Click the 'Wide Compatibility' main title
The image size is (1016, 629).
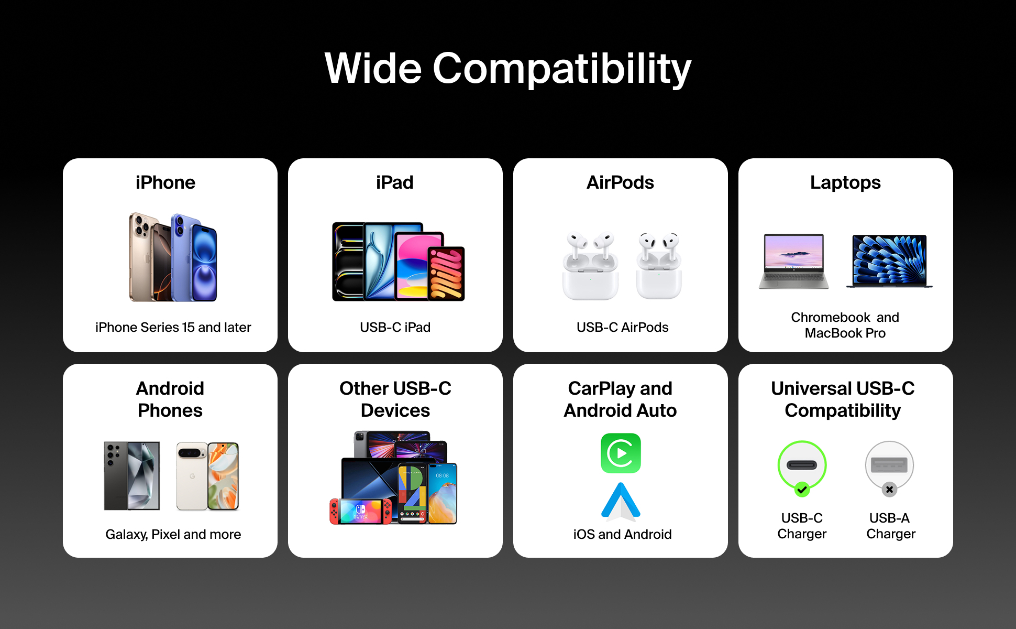(x=508, y=69)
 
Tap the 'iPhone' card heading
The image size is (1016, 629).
(x=165, y=182)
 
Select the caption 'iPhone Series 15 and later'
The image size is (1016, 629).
(x=173, y=327)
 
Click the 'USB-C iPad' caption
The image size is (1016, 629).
(x=395, y=327)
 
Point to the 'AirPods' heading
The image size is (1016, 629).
(x=620, y=182)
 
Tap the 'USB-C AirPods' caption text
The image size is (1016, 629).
(x=623, y=327)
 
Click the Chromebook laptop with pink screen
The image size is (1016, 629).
(x=794, y=261)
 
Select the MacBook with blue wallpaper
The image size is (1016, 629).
(x=889, y=261)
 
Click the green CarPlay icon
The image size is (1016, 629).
(x=621, y=453)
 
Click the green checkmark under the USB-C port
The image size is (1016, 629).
(x=802, y=490)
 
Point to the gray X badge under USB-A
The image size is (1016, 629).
(x=889, y=490)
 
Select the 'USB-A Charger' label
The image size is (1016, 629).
(x=890, y=526)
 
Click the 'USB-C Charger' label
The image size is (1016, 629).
(x=802, y=526)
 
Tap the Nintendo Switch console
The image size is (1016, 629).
(x=361, y=511)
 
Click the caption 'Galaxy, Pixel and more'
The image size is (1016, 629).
(x=173, y=534)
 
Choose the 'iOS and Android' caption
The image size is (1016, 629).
(x=622, y=534)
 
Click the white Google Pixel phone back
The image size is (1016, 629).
(x=192, y=476)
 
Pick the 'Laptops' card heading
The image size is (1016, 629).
(x=845, y=182)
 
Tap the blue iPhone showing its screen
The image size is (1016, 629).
(x=204, y=262)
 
